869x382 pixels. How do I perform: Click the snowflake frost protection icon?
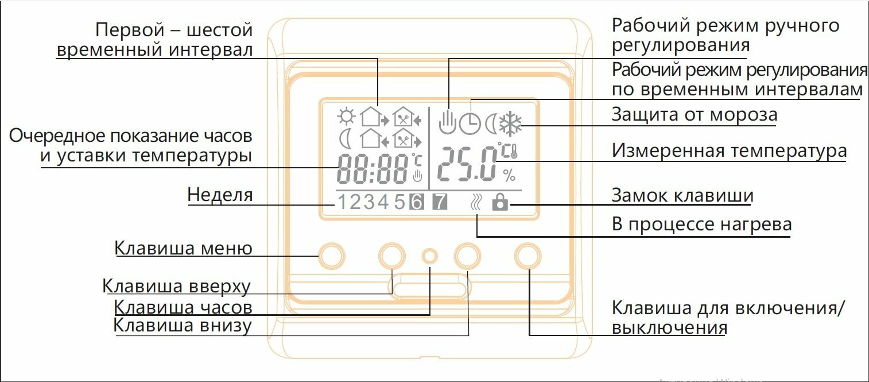[510, 122]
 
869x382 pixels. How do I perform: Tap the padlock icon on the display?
[500, 202]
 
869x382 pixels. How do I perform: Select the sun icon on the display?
[346, 117]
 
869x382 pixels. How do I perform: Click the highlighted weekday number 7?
[439, 202]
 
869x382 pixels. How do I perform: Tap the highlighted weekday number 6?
[416, 202]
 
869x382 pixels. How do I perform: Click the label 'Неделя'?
[220, 195]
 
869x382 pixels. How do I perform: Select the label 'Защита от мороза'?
[694, 115]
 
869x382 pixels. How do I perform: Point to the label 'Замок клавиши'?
[682, 195]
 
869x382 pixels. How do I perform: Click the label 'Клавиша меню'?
[183, 249]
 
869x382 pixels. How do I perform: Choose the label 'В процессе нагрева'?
[701, 224]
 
